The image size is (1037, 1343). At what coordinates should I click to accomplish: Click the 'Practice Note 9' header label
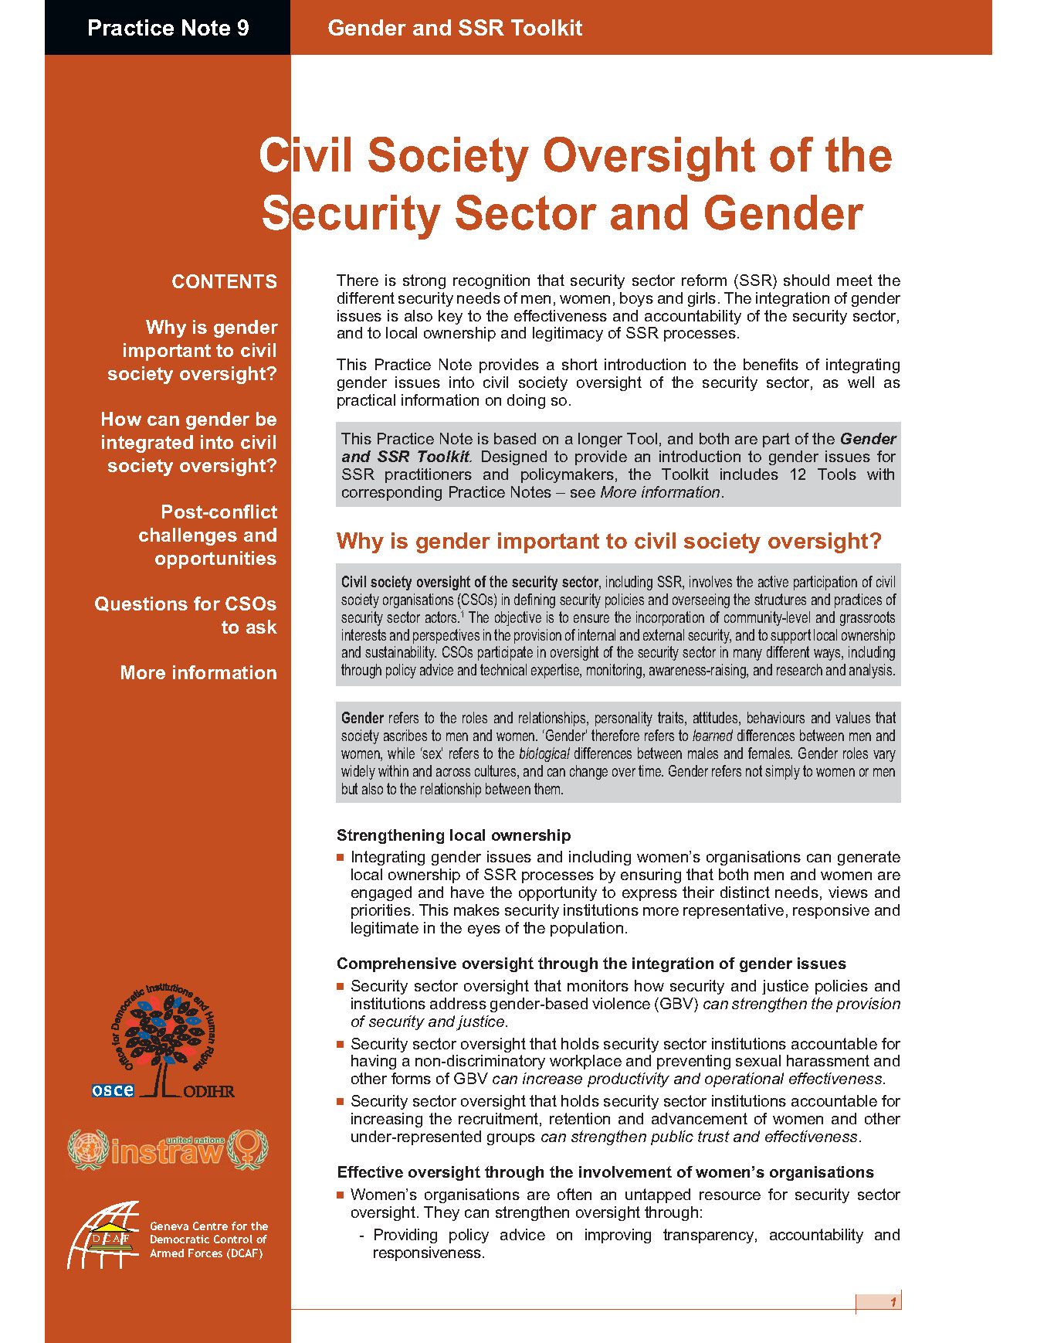pos(168,29)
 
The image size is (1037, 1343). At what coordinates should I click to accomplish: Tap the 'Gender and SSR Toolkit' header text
pos(455,29)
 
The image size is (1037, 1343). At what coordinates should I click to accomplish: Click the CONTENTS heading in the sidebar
pos(224,282)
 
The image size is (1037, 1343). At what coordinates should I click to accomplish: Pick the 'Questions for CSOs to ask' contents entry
pos(186,616)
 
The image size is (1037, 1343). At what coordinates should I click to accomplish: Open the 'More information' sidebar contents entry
pos(198,673)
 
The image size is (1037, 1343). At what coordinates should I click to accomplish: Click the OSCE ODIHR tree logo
pos(164,1041)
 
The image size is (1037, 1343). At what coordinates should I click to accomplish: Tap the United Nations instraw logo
pos(168,1149)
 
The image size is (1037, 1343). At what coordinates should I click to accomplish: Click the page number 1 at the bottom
pos(893,1302)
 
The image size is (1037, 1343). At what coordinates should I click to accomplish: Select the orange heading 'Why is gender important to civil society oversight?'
pos(608,542)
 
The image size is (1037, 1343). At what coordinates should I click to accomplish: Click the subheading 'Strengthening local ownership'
pos(453,835)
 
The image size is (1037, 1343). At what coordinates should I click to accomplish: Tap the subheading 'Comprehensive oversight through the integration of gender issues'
pos(591,964)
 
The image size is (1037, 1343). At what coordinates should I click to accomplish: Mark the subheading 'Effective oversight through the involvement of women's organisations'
pos(605,1172)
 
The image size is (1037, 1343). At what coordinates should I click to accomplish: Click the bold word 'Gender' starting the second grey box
pos(362,718)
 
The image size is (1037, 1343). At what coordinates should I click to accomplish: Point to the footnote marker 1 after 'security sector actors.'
pos(462,614)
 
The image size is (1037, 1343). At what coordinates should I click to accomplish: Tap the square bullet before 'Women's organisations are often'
pos(341,1195)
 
